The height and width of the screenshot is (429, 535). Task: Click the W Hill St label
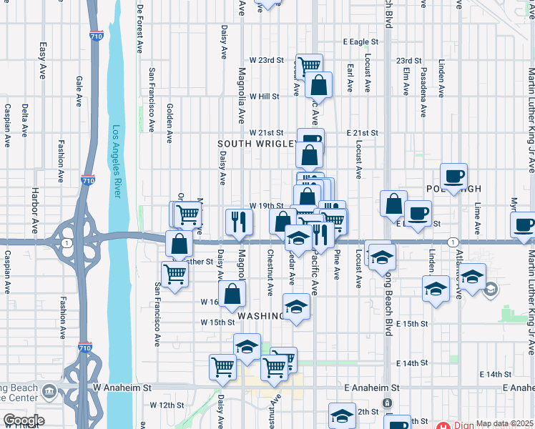coord(264,96)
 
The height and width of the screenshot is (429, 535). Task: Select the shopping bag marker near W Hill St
coord(319,85)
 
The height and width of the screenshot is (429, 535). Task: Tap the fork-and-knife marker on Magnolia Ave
coord(239,222)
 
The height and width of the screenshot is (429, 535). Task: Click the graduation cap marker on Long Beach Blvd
coord(383,257)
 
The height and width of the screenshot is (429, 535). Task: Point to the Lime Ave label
coord(477,215)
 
